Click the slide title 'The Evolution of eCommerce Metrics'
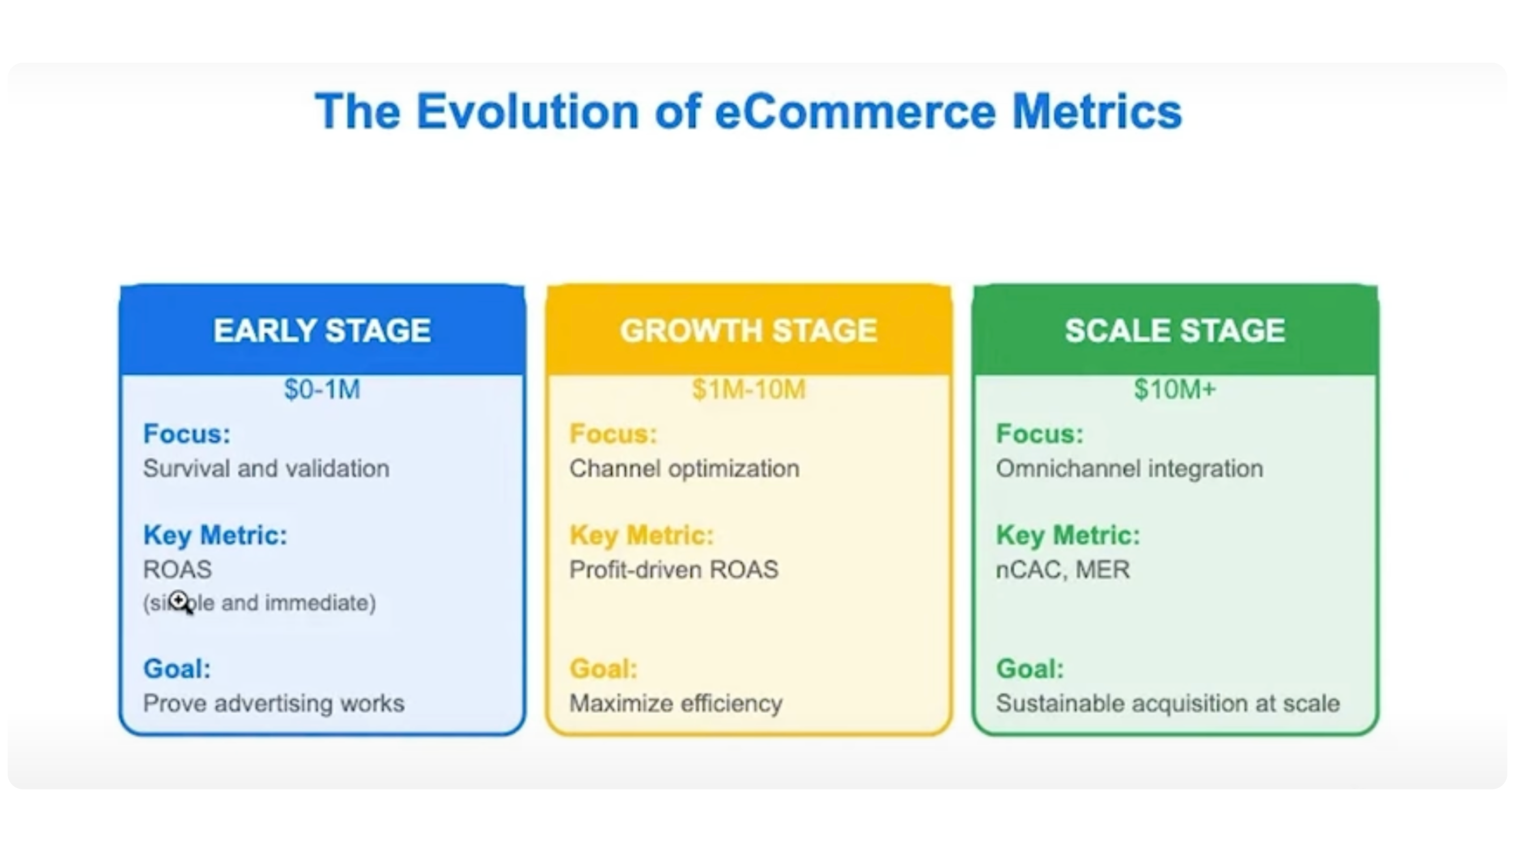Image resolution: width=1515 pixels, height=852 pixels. (748, 111)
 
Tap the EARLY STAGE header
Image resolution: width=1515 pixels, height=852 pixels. (322, 331)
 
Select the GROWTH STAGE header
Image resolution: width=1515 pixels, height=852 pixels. (748, 331)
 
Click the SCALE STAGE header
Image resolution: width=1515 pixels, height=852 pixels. (1175, 331)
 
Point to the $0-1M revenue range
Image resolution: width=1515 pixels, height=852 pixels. (322, 389)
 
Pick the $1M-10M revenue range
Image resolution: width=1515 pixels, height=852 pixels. (748, 389)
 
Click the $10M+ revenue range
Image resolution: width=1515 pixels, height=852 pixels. (1175, 389)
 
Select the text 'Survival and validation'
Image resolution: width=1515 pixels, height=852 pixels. (266, 469)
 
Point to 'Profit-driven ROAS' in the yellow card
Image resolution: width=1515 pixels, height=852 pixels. (673, 570)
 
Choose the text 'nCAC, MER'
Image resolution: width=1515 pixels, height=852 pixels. (1063, 570)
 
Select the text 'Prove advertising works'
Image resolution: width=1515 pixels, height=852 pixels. (273, 703)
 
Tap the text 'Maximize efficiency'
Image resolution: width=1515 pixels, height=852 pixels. (676, 704)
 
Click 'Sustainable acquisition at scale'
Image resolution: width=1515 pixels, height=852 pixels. (1167, 704)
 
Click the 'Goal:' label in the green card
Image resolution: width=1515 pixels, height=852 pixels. (1030, 669)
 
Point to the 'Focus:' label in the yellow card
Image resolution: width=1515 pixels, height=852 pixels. (613, 434)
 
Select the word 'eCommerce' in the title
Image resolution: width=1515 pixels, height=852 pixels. (855, 111)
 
